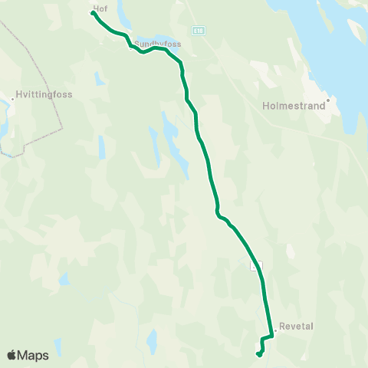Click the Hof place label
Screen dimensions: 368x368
click(100, 8)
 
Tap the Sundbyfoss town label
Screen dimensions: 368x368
click(159, 44)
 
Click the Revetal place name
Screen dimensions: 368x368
click(297, 326)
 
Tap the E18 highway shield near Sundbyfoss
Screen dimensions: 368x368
click(199, 30)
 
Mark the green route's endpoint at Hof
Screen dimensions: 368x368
click(93, 13)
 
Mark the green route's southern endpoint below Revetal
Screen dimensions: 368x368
click(259, 353)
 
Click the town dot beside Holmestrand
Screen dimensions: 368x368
click(327, 100)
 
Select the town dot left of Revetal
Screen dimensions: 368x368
click(275, 330)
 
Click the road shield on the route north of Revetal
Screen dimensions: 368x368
click(258, 265)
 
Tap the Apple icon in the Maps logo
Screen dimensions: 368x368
click(11, 355)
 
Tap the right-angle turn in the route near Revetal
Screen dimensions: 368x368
click(272, 336)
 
